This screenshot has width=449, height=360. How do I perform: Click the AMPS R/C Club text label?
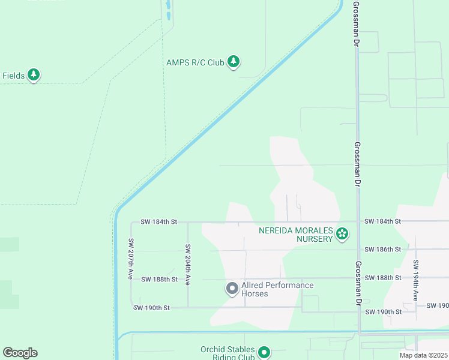pos(194,62)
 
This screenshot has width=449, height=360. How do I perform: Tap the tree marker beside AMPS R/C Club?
pos(234,62)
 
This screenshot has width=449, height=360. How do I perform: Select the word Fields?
pos(13,76)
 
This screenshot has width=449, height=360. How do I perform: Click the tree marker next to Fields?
pos(34,75)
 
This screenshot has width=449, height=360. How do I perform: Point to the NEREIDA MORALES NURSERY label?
pos(295,235)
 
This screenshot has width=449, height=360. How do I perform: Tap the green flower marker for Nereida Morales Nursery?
pos(342,234)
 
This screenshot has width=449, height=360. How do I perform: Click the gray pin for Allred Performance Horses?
pos(232,289)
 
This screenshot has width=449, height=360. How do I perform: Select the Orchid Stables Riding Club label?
pos(228,353)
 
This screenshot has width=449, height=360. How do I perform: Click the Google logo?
pos(20,353)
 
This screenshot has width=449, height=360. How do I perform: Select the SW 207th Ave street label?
pos(130,259)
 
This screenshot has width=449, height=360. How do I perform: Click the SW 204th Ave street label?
pos(188,264)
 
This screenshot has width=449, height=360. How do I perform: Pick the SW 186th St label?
pos(382,249)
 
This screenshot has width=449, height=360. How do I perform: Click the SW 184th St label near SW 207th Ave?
pos(158,221)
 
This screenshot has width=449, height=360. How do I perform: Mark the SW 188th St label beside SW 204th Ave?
pos(159,279)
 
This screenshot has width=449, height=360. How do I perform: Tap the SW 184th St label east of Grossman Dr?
pos(382,221)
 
